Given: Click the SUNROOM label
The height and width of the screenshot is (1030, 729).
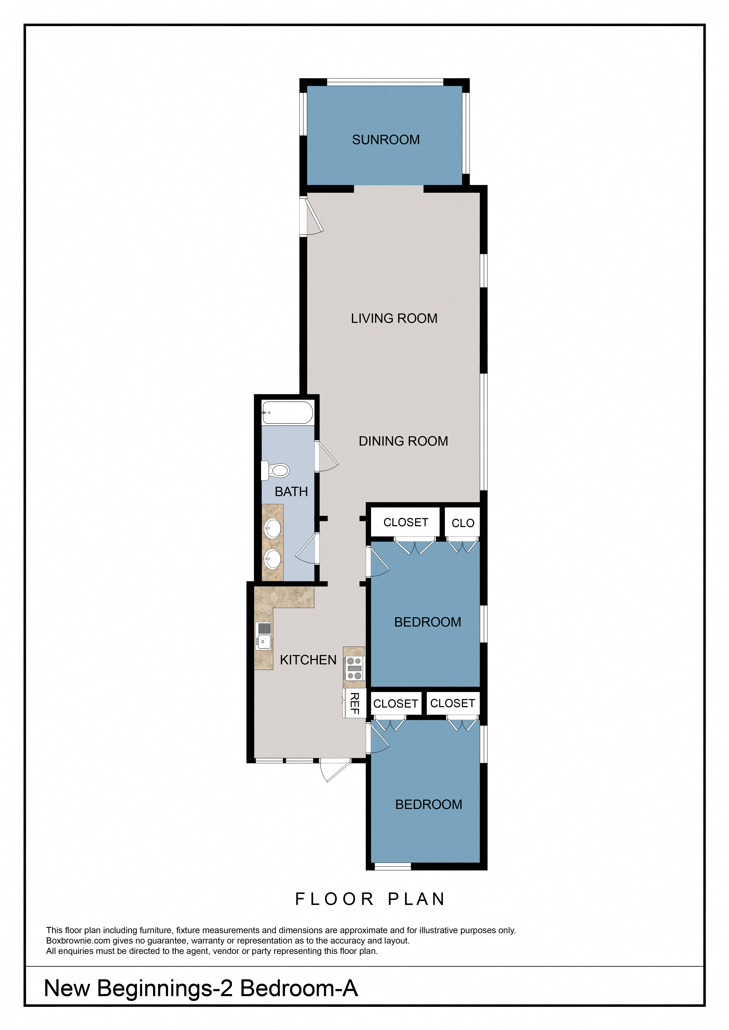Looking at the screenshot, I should point(386,140).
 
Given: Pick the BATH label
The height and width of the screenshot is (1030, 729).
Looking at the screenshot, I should point(291,492).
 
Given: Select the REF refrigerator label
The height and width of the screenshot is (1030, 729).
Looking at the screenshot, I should point(355,703).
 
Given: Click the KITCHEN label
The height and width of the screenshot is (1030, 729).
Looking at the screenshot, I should point(308,660).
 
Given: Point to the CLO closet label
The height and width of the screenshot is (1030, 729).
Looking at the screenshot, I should point(463,523).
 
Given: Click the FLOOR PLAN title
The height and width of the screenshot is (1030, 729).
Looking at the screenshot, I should point(370,899).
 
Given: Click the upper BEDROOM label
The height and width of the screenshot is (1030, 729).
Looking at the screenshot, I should point(427,622).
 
